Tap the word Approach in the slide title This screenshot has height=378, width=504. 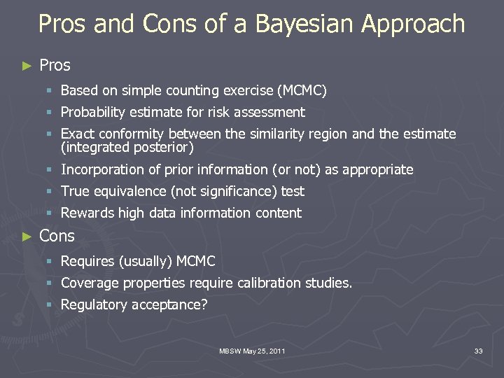click(x=413, y=24)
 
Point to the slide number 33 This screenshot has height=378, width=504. click(x=478, y=351)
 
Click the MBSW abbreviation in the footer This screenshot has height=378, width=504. click(x=230, y=351)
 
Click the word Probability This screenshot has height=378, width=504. click(x=93, y=112)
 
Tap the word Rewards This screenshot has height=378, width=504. click(x=87, y=213)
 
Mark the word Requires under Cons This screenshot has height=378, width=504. click(x=87, y=262)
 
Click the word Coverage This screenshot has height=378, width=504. click(x=90, y=283)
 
